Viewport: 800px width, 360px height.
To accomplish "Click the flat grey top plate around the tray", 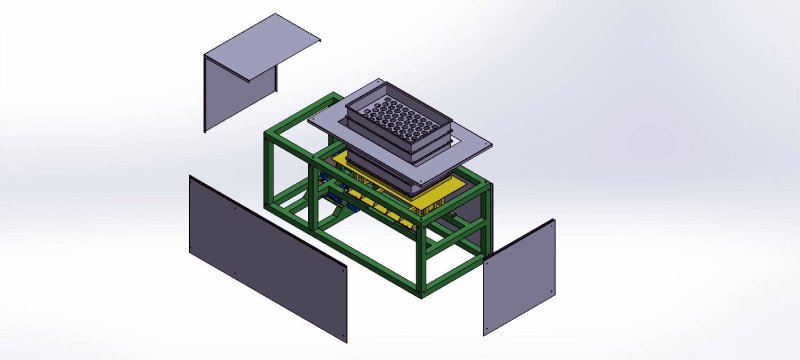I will [470, 140].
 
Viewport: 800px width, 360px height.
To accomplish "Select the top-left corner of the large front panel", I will [190, 176].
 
